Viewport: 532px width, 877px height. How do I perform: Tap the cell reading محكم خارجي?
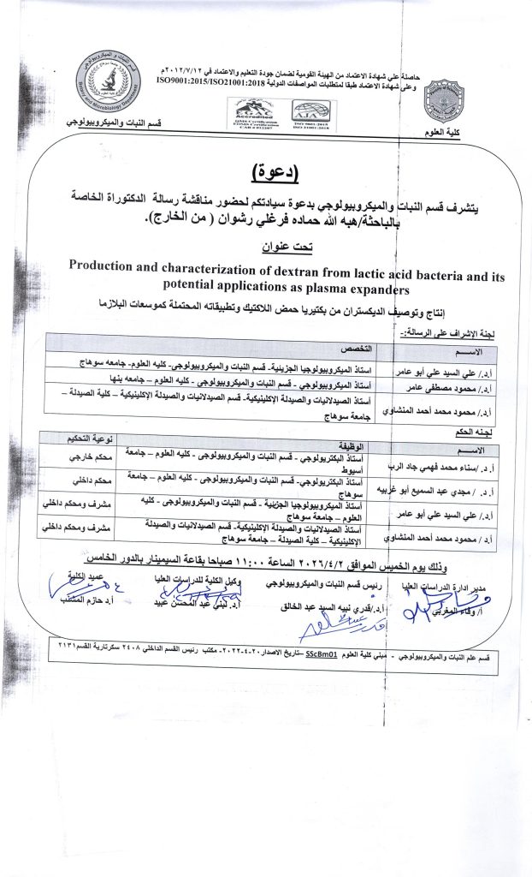coord(80,457)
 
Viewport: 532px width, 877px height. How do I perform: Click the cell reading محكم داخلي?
coord(80,480)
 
